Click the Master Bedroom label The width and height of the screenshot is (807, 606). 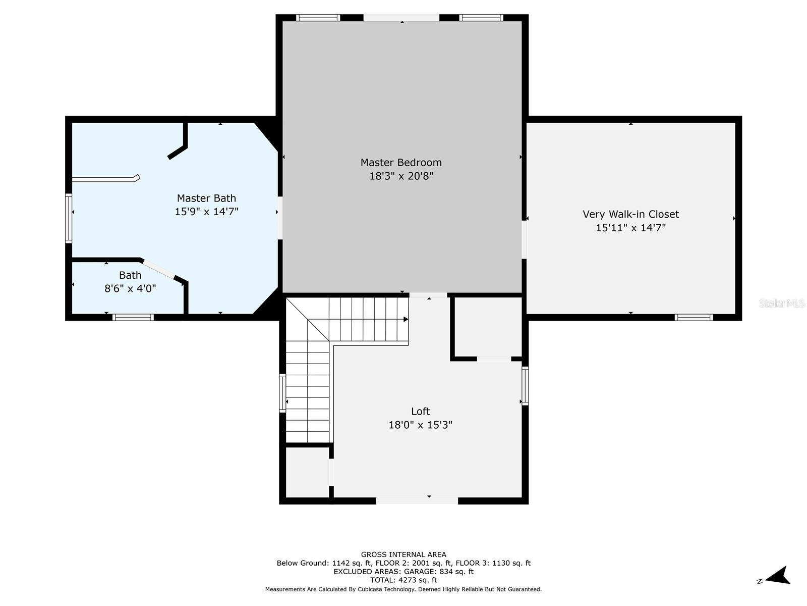[x=401, y=163]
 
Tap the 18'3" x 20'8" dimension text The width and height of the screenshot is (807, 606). [x=401, y=176]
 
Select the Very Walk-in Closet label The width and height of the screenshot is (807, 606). [x=630, y=214]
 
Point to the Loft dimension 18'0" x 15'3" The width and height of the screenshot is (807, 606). [x=420, y=425]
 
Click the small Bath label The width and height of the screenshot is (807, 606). [x=130, y=275]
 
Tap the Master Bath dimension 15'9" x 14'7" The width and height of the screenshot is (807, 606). [x=206, y=212]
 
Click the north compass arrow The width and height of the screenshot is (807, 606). [x=778, y=576]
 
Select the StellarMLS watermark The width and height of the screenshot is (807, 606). [x=781, y=304]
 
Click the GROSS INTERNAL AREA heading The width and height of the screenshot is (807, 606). [x=403, y=554]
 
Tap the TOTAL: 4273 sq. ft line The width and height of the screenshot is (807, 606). [x=403, y=580]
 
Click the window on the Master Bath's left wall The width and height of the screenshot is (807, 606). [x=69, y=218]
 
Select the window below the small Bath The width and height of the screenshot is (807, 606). [x=133, y=317]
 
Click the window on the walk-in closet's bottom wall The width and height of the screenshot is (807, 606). [x=694, y=317]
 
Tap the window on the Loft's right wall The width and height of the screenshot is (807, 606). [x=525, y=386]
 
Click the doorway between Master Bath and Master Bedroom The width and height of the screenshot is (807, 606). [x=279, y=218]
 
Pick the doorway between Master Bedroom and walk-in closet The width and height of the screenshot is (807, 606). [x=525, y=239]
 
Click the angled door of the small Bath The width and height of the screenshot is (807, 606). [x=158, y=269]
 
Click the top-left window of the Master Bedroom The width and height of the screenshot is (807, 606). [x=318, y=18]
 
